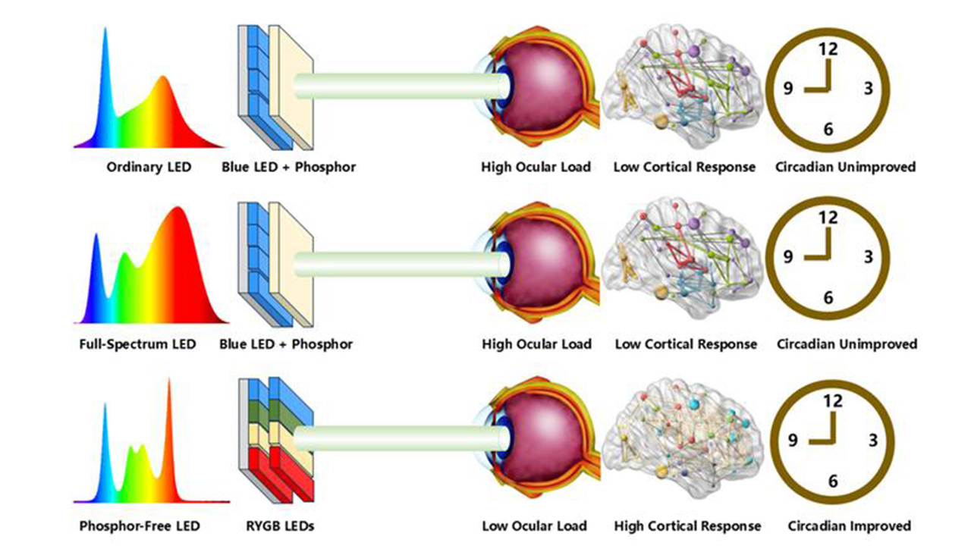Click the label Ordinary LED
[149, 167]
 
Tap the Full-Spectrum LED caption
[137, 344]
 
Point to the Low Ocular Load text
[534, 525]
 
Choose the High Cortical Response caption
[687, 525]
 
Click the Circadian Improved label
[849, 525]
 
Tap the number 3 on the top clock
[868, 89]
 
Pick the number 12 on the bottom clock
[832, 401]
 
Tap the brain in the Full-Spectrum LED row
[680, 262]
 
